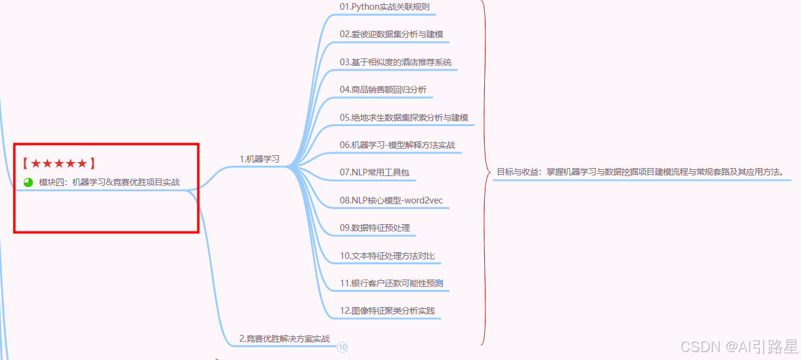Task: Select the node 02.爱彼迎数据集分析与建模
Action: click(395, 34)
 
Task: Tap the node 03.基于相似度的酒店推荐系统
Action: click(395, 62)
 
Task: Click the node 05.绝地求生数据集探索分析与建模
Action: click(404, 117)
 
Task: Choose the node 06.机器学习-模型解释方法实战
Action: click(397, 145)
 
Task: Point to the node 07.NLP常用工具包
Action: click(375, 172)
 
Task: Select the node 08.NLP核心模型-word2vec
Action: click(387, 200)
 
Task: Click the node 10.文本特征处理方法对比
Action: click(387, 256)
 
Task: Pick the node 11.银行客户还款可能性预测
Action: click(392, 283)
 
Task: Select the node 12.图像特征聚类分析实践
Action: click(387, 311)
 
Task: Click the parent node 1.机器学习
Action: click(259, 159)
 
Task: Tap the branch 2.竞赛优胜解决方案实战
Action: click(284, 339)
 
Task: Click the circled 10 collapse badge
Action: click(342, 347)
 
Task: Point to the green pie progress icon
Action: click(28, 182)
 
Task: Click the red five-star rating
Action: click(59, 163)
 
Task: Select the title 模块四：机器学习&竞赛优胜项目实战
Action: click(109, 182)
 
